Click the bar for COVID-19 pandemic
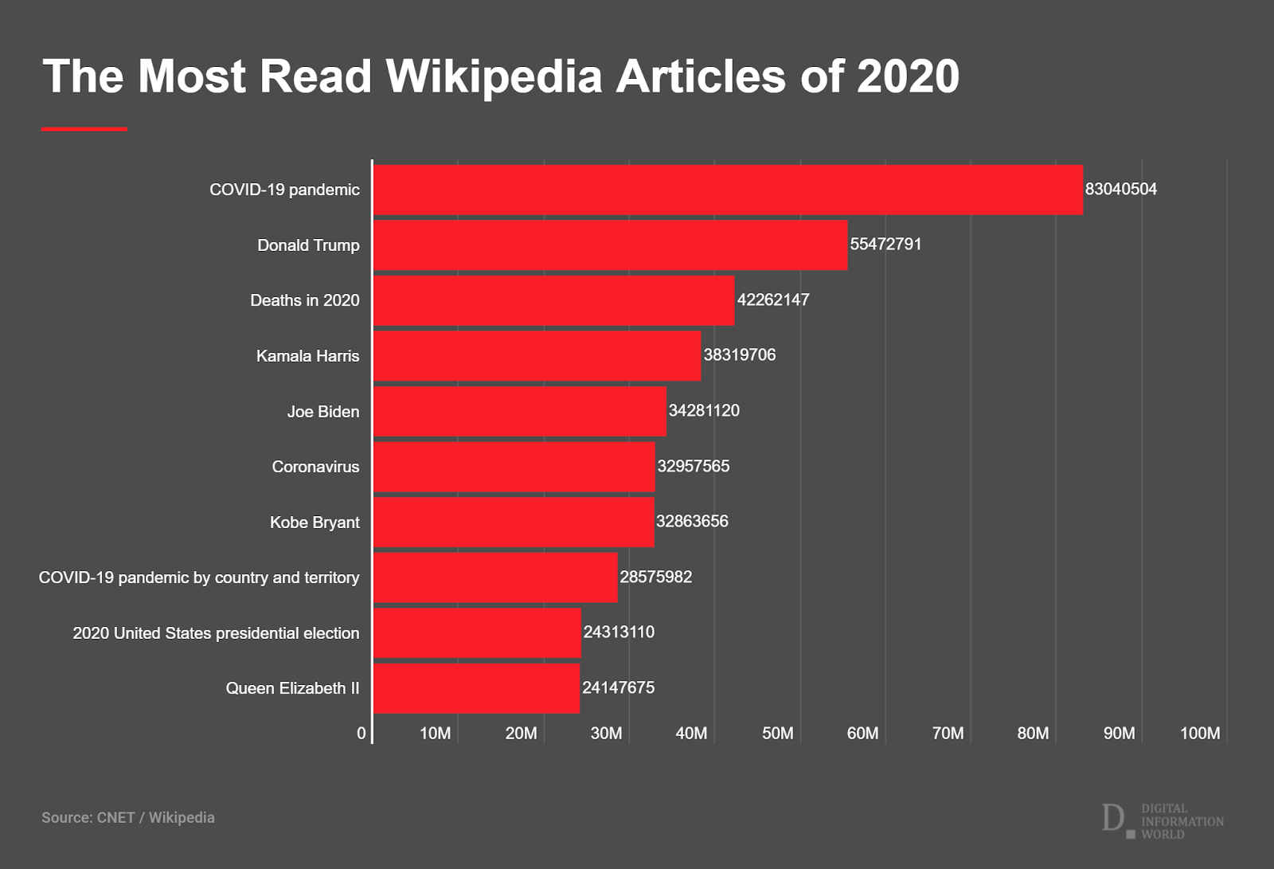tap(728, 190)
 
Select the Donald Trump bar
tap(610, 245)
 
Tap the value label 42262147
tap(773, 300)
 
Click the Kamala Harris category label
tap(307, 356)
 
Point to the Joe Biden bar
tap(519, 411)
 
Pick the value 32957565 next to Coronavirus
tap(693, 466)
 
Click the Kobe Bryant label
tap(315, 523)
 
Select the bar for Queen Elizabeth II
tap(476, 688)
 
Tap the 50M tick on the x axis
tap(777, 734)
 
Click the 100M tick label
tap(1199, 734)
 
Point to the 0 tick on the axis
tap(361, 734)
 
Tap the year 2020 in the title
tap(908, 76)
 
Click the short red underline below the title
tap(84, 129)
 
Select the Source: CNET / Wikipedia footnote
tap(128, 817)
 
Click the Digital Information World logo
tap(1163, 820)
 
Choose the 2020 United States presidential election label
tap(216, 633)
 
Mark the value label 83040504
tap(1120, 190)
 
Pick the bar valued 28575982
tap(495, 577)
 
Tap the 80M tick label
tap(1033, 734)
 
